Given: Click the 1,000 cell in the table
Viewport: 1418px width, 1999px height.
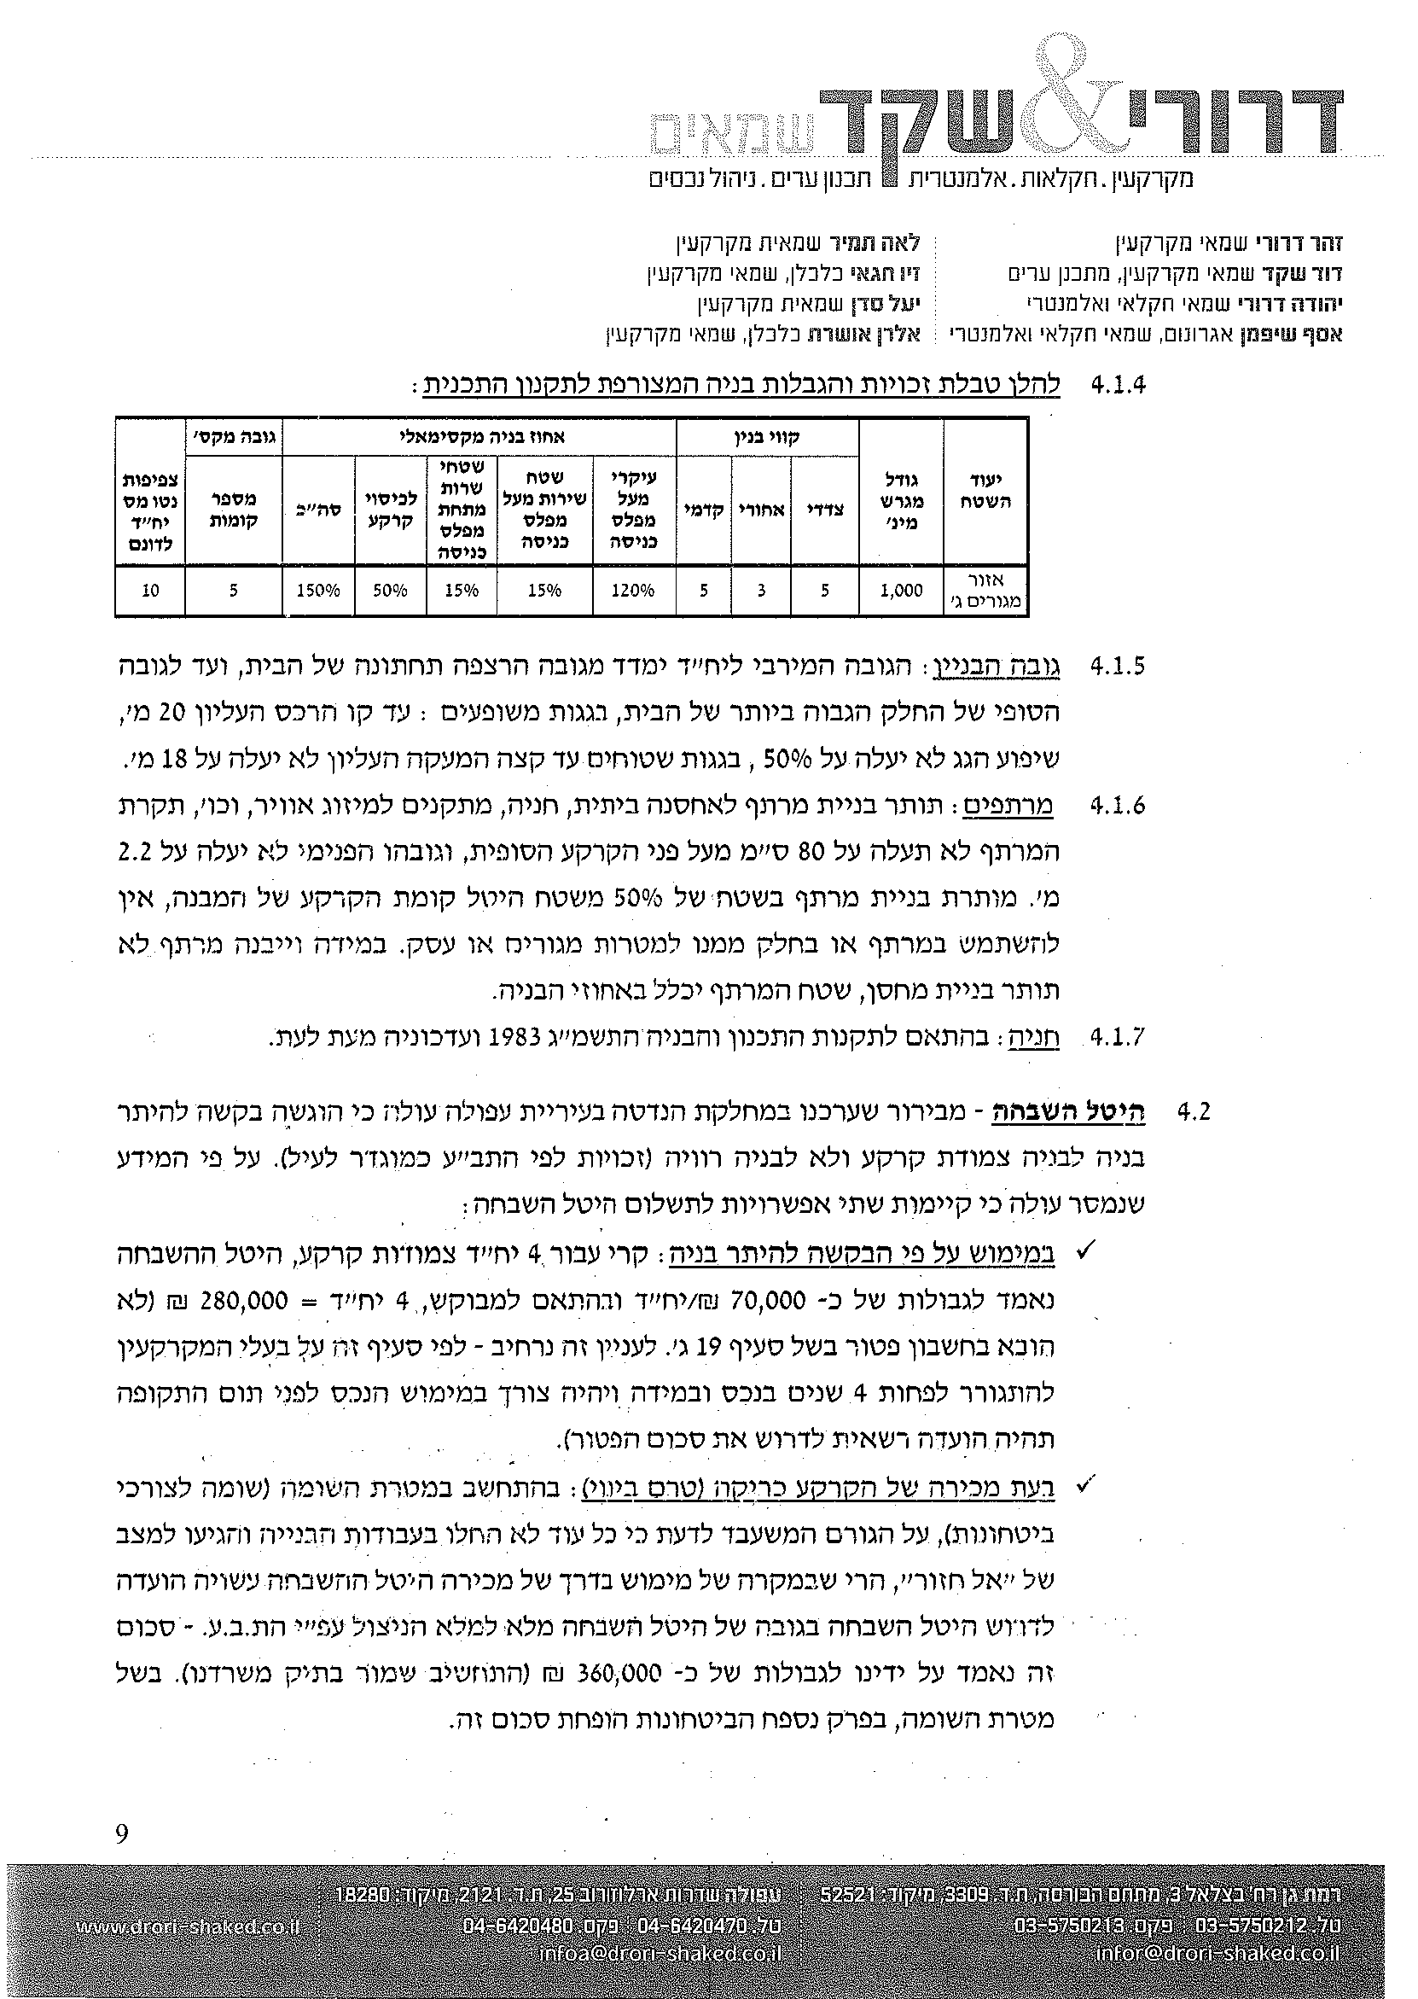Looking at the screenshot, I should coord(901,591).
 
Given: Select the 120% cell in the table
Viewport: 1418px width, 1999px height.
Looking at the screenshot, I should coord(634,591).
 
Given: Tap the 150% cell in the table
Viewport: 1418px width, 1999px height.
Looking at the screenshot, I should coord(318,591).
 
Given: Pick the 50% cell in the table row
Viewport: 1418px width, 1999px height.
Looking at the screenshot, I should coord(390,591).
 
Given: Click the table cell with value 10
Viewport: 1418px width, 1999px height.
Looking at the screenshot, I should coord(150,591).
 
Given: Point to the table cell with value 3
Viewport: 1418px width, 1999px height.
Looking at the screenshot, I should coord(761,591).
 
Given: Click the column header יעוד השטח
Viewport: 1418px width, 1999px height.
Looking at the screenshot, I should coord(985,495).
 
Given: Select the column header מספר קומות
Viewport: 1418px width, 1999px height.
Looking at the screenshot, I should coord(233,509).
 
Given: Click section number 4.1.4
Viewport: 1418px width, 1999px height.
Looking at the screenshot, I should coord(1119,385).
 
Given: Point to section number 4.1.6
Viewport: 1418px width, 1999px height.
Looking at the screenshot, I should coord(1118,806).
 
